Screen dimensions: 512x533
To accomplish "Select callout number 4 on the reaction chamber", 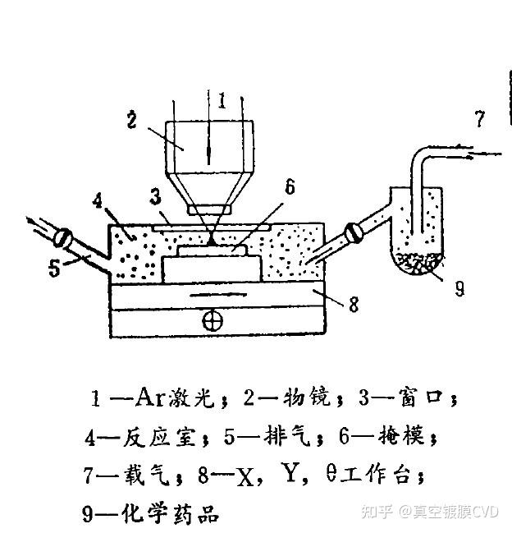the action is click(x=98, y=200).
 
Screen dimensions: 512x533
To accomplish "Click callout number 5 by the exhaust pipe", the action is click(x=55, y=268).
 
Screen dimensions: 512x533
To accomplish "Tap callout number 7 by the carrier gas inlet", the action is click(x=481, y=119).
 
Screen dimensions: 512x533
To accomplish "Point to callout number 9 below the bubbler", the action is click(x=459, y=287).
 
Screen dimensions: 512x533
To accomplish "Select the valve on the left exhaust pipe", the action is click(x=62, y=239).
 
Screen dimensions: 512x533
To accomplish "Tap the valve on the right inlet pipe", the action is click(x=353, y=233).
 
